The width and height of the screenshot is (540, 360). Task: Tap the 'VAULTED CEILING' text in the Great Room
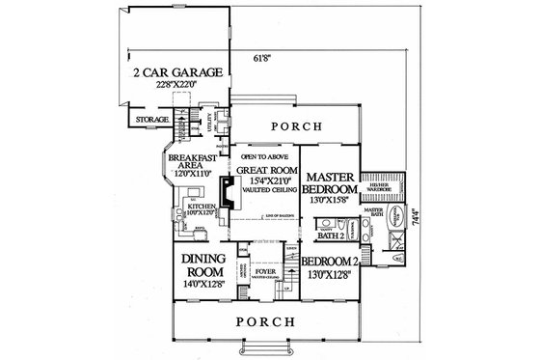(264, 191)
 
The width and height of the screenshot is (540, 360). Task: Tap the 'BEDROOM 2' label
(329, 262)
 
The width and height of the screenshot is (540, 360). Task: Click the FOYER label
(264, 273)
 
